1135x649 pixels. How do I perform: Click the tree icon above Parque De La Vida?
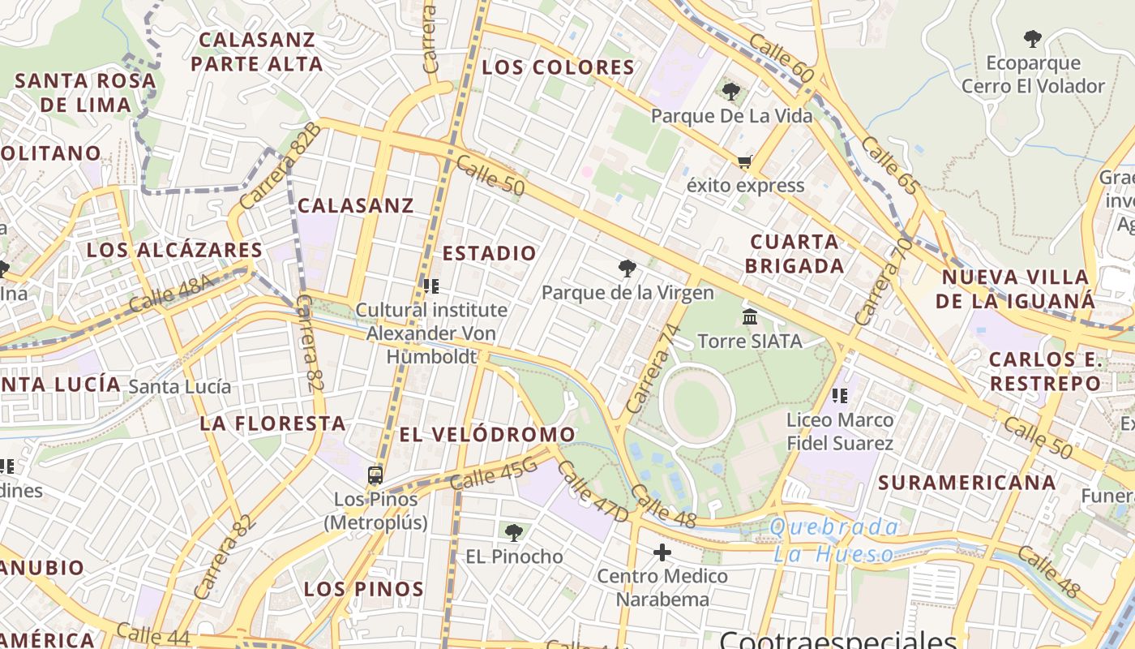click(x=731, y=91)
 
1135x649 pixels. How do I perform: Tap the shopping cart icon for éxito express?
click(x=745, y=161)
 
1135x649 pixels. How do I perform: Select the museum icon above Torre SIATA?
click(x=750, y=316)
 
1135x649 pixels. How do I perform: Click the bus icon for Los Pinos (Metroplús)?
click(x=375, y=475)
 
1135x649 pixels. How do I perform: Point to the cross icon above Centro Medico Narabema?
click(x=662, y=552)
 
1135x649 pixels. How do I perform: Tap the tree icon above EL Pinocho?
click(x=513, y=533)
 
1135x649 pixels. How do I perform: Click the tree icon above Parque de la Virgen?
click(x=627, y=269)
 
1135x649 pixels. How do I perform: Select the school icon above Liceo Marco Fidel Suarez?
click(x=840, y=396)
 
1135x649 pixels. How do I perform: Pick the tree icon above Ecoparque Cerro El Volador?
click(x=1032, y=38)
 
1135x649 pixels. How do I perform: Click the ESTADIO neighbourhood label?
click(x=489, y=253)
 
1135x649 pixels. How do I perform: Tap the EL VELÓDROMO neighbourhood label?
click(x=487, y=435)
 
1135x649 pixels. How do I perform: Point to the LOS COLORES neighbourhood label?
click(x=558, y=67)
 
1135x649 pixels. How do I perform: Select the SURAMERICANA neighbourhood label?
click(x=967, y=483)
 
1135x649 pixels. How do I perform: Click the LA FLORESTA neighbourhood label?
click(x=273, y=423)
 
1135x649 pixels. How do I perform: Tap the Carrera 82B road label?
click(x=281, y=165)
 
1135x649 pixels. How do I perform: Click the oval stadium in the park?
click(x=696, y=404)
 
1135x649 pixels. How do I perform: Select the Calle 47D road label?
click(x=593, y=492)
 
